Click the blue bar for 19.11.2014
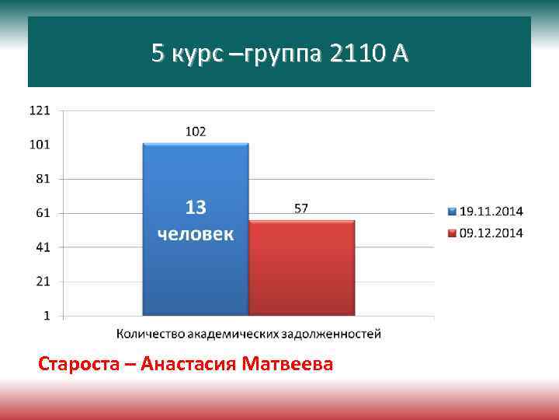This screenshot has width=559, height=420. pos(195,272)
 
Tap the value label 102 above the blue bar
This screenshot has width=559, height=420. pos(195,131)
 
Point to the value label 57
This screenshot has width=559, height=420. pos(301,208)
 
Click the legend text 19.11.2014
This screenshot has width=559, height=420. pos(491,211)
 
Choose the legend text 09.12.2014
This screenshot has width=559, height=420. pos(491,233)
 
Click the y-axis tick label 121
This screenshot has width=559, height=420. pos(40,110)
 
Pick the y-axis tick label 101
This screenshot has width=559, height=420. pos(40,145)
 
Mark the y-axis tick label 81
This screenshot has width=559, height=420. pos(43,178)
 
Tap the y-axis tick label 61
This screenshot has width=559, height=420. pos(43,212)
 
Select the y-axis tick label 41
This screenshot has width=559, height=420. pos(43,247)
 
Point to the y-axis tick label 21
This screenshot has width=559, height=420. pos(43,282)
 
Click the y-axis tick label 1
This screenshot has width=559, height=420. pos(47,316)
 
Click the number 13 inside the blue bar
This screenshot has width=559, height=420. pos(195,208)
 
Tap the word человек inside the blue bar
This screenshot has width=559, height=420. pos(195,233)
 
